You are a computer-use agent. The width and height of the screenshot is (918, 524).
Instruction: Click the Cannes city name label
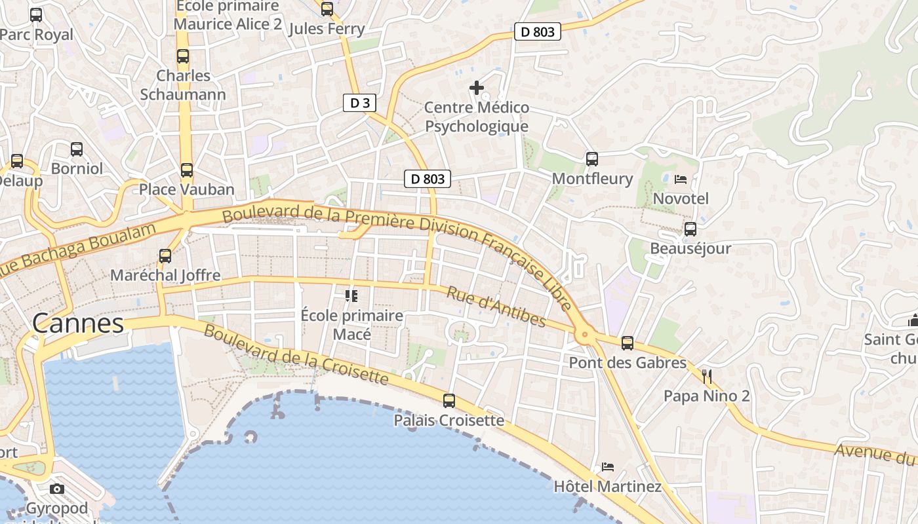click(x=78, y=323)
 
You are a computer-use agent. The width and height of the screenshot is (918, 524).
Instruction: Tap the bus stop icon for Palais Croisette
click(x=449, y=401)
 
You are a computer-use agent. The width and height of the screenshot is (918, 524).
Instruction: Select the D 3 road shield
click(x=359, y=103)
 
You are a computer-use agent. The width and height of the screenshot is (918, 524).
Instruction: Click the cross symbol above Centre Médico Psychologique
click(x=477, y=87)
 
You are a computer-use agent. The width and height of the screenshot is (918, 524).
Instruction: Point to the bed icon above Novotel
click(x=681, y=179)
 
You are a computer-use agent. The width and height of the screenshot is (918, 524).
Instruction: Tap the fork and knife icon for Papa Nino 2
click(x=707, y=376)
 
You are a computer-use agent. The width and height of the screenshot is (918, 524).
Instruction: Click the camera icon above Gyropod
click(x=57, y=489)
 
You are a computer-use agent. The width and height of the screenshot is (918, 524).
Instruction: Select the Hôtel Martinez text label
click(x=607, y=487)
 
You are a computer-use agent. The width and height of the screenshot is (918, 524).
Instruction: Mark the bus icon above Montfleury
click(x=592, y=159)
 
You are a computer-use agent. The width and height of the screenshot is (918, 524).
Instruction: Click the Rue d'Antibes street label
click(x=496, y=306)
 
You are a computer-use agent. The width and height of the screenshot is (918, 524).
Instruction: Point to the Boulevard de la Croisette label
click(x=296, y=354)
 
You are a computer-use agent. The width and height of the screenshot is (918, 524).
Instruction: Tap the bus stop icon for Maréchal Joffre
click(x=165, y=256)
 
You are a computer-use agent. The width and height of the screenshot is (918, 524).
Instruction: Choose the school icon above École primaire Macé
click(x=351, y=296)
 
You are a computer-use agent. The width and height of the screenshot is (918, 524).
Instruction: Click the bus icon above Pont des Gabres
click(x=628, y=343)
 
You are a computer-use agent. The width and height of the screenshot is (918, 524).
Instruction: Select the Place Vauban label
click(x=186, y=189)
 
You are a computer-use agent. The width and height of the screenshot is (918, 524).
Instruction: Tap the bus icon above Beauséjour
click(x=690, y=229)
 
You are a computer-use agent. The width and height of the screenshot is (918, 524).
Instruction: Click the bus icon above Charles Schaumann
click(x=183, y=57)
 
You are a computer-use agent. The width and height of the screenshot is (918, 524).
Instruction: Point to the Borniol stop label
click(x=77, y=168)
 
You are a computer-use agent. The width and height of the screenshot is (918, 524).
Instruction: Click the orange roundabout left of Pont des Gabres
click(x=584, y=335)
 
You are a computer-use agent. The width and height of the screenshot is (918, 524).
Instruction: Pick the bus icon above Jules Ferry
click(x=327, y=9)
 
